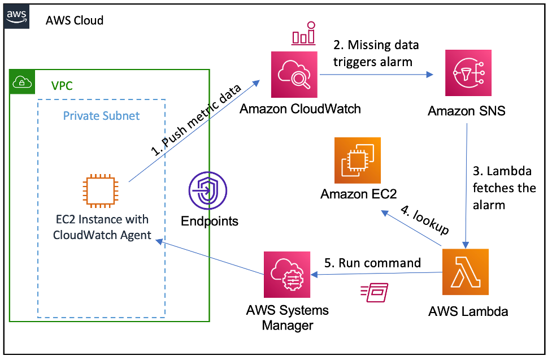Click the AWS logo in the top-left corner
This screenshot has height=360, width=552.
[x=16, y=16]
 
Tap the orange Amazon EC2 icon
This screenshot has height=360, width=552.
[x=358, y=161]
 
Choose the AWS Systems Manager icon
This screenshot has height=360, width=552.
[x=287, y=275]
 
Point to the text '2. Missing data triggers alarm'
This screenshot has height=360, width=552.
[x=376, y=53]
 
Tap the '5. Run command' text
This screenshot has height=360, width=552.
[x=372, y=263]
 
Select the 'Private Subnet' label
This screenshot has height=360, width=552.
[x=101, y=116]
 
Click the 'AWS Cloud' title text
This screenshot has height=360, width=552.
[x=74, y=21]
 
